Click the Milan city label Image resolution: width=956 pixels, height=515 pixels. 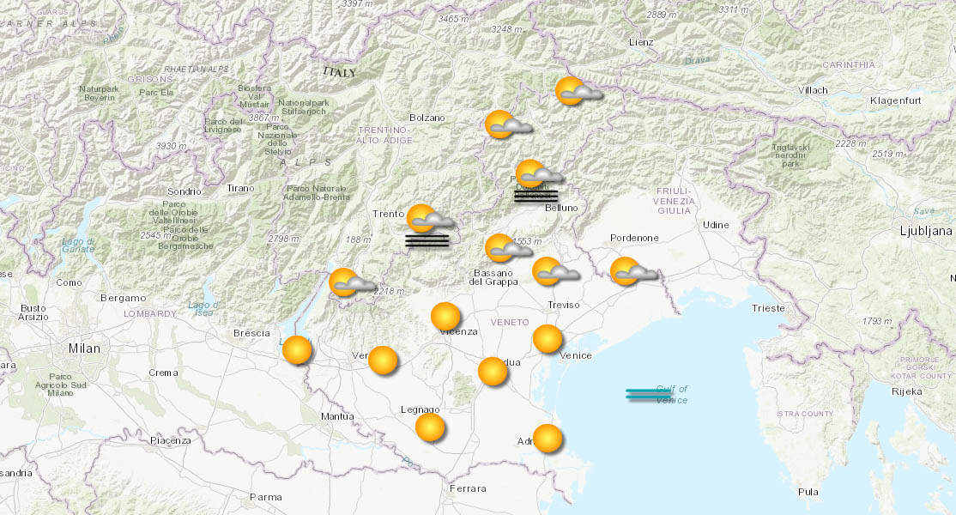pos(84,348)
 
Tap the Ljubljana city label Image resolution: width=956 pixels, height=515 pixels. pos(926,231)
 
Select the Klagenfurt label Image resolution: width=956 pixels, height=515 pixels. pos(895,100)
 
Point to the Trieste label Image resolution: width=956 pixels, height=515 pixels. pos(767,307)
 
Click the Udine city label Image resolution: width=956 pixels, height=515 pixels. pos(716,225)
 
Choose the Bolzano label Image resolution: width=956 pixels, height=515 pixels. pos(427,118)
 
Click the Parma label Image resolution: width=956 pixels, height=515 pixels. pos(265,496)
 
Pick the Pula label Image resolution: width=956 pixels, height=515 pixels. pos(808,492)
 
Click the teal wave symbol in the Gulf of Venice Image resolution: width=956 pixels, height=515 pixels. pos(649,394)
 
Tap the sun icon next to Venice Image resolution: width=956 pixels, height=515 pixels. pos(548,339)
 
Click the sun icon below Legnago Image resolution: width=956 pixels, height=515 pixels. pos(430,427)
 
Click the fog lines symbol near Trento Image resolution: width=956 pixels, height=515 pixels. pos(427,240)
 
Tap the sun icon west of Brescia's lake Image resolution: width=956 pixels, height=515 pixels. pos(297,350)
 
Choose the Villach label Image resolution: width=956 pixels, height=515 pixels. pos(813,90)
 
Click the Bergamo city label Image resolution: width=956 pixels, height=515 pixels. pos(123,298)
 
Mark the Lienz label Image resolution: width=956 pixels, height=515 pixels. pos(640,41)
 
